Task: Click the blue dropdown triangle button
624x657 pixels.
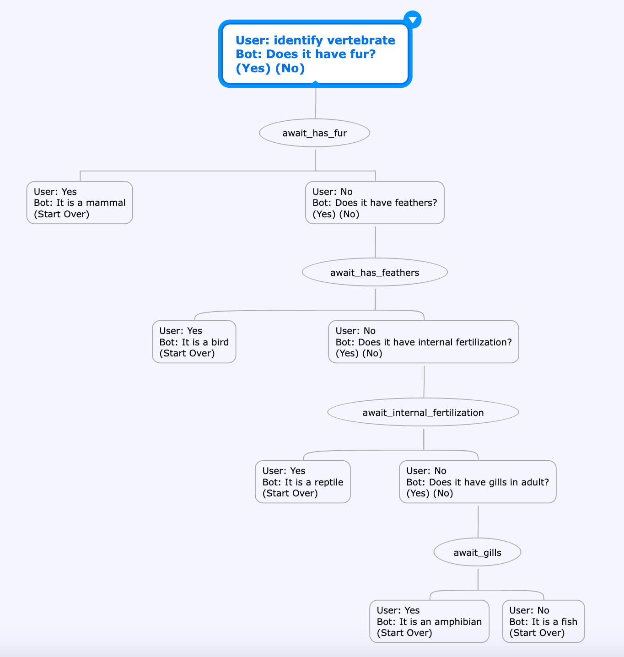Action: tap(413, 19)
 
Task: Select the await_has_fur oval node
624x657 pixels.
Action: tap(314, 133)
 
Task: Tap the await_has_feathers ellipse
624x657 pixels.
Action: tap(375, 272)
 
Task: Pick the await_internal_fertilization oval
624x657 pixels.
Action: tap(423, 412)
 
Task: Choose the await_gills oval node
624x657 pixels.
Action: tap(477, 552)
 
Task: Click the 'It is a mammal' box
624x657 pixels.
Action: tap(80, 203)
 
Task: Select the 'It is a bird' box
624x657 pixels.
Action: tap(194, 342)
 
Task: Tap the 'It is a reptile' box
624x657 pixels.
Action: tap(303, 482)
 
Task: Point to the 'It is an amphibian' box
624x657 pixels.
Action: tap(429, 621)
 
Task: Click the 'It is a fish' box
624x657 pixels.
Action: tap(543, 621)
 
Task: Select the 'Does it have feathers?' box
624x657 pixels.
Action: tap(375, 203)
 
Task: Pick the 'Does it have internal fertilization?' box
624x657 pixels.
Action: tap(424, 342)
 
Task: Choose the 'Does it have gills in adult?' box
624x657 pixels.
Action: tap(478, 482)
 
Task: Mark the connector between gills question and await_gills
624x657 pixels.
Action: tap(478, 522)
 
